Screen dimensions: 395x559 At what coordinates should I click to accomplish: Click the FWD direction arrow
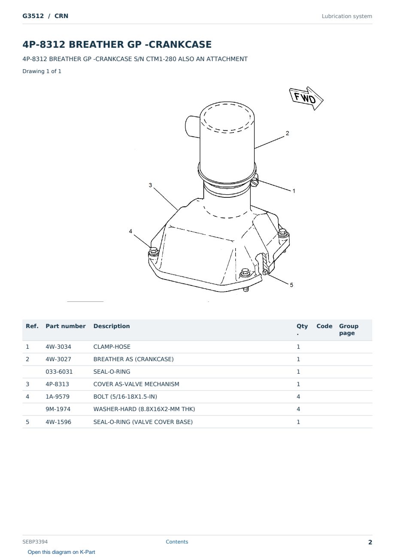pyautogui.click(x=306, y=98)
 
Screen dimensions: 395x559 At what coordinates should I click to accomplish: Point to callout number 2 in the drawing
pyautogui.click(x=287, y=133)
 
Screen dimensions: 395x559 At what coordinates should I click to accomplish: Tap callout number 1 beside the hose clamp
pyautogui.click(x=294, y=191)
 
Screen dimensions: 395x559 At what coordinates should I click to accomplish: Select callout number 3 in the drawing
pyautogui.click(x=150, y=185)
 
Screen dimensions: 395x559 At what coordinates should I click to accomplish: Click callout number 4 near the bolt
pyautogui.click(x=131, y=231)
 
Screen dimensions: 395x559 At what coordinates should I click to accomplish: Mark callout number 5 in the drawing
pyautogui.click(x=292, y=285)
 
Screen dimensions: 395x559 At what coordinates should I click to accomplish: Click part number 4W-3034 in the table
pyautogui.click(x=58, y=347)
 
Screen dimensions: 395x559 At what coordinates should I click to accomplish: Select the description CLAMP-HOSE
pyautogui.click(x=112, y=347)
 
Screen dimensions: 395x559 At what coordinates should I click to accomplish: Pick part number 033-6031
pyautogui.click(x=59, y=372)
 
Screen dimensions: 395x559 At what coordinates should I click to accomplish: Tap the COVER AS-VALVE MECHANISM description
pyautogui.click(x=137, y=384)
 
